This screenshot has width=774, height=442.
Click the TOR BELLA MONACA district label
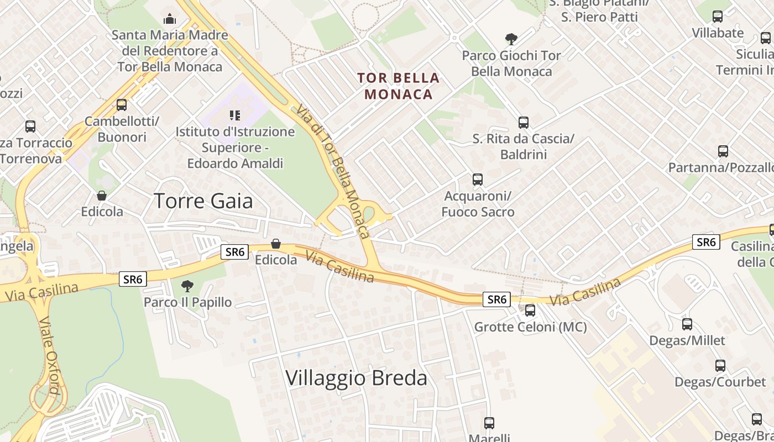(x=399, y=86)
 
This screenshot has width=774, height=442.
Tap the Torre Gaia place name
(x=203, y=201)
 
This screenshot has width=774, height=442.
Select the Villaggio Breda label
(x=356, y=378)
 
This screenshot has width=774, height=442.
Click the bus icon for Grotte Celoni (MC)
(x=530, y=311)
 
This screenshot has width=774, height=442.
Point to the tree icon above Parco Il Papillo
(x=187, y=286)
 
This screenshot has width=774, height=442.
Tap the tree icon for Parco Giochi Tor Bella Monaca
(x=511, y=39)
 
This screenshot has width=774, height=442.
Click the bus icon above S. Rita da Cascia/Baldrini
(x=523, y=123)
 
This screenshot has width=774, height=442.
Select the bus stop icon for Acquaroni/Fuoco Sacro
(x=478, y=180)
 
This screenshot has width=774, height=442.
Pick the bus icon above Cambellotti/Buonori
(x=122, y=105)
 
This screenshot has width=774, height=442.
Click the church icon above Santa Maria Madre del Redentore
(x=170, y=19)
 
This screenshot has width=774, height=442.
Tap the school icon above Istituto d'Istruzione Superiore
(x=235, y=115)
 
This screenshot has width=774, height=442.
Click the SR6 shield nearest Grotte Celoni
(x=496, y=299)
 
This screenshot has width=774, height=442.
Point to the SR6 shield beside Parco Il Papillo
(x=133, y=280)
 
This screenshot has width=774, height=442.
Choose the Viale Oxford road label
(x=50, y=356)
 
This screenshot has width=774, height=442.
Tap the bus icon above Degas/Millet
(x=687, y=324)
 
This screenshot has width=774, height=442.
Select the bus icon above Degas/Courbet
(x=720, y=366)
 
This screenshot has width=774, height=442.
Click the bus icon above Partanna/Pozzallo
(x=723, y=151)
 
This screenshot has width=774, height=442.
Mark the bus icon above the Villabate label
(x=718, y=17)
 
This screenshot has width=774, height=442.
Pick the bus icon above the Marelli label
(x=489, y=423)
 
